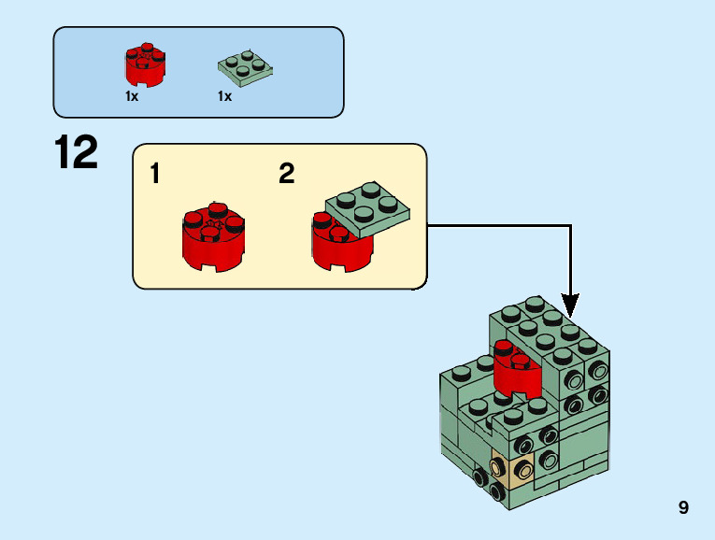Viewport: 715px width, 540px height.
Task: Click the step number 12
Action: tap(77, 153)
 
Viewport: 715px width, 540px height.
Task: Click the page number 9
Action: tap(684, 508)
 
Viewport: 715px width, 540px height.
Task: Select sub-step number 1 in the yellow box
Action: tap(156, 174)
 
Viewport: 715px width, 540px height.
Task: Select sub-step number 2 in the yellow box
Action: tap(287, 174)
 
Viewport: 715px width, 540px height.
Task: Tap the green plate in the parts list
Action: tap(245, 66)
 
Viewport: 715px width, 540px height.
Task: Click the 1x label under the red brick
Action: tap(132, 96)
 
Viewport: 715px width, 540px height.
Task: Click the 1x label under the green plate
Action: tap(224, 96)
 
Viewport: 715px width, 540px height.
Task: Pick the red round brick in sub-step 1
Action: tap(213, 240)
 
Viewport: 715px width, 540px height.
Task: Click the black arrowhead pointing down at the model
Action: tap(570, 305)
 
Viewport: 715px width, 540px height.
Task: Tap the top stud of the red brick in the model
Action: tap(506, 348)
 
